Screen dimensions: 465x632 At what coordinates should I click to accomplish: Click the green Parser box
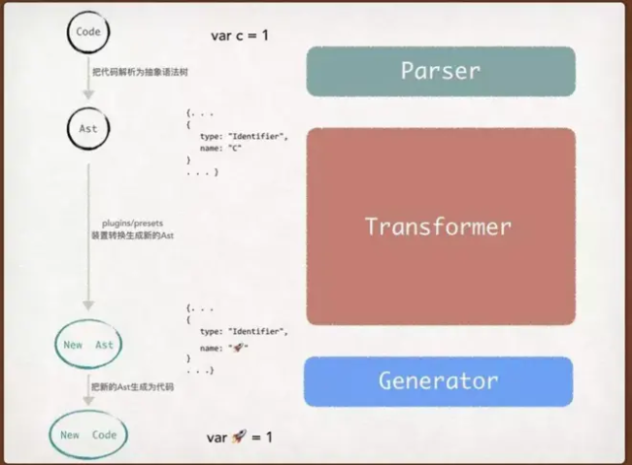click(x=440, y=71)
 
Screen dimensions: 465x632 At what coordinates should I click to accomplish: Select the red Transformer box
click(x=440, y=226)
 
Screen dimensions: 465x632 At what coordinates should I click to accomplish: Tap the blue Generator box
click(x=438, y=381)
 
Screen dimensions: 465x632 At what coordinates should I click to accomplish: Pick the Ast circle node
click(x=87, y=128)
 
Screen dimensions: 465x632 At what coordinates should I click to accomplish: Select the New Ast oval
click(x=88, y=345)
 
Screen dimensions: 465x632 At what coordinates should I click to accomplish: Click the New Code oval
click(x=88, y=435)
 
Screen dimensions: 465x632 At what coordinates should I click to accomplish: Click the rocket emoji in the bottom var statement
click(x=238, y=438)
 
